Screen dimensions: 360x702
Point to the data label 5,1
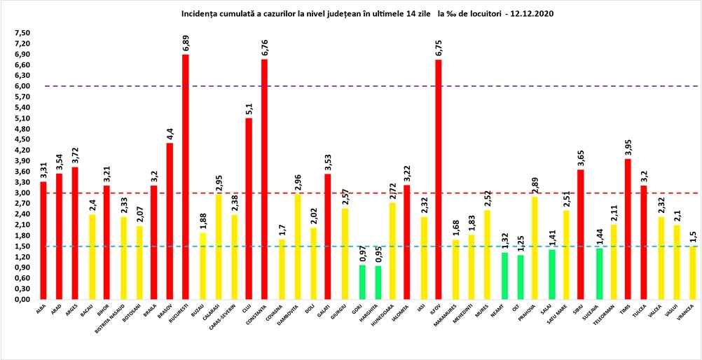pyautogui.click(x=249, y=109)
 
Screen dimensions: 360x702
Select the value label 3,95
pyautogui.click(x=628, y=146)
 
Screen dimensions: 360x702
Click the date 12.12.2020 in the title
pyautogui.click(x=539, y=13)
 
